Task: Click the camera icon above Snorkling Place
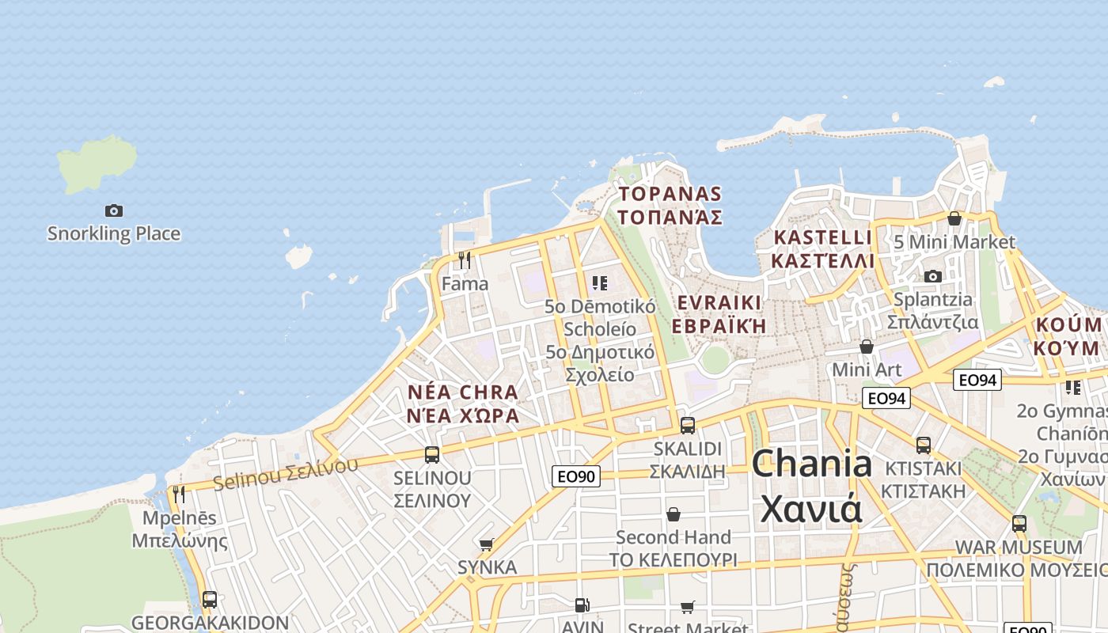[x=114, y=210]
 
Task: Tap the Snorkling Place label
[x=114, y=233]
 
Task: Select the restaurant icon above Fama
[x=465, y=260]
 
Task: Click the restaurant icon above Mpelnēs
[x=179, y=495]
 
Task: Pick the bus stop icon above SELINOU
[x=432, y=455]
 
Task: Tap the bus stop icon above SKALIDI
[x=688, y=426]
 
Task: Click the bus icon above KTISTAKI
[x=924, y=445]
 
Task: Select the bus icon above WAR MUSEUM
[x=1019, y=524]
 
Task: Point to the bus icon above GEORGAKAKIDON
[x=210, y=600]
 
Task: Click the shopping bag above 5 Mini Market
[x=954, y=218]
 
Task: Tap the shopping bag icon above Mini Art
[x=867, y=347]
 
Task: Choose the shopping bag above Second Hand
[x=674, y=514]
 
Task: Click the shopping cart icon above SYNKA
[x=487, y=544]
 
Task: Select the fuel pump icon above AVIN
[x=582, y=605]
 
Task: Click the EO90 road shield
[x=576, y=476]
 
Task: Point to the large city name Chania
[x=812, y=464]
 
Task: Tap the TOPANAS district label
[x=670, y=194]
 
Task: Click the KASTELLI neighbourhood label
[x=822, y=237]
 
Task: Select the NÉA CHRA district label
[x=463, y=392]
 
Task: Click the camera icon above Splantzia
[x=934, y=276]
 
